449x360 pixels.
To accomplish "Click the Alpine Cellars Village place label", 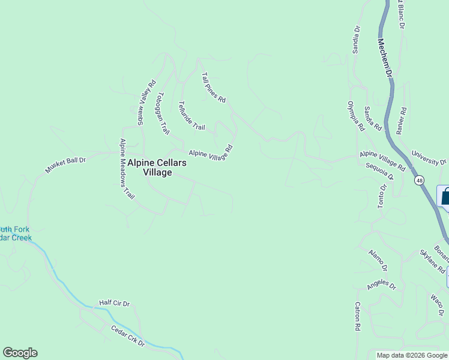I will click(165, 167).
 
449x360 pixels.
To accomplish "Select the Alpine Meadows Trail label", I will click(126, 169).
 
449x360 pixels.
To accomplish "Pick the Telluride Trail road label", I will click(192, 116).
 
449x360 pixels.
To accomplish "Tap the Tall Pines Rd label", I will click(213, 88).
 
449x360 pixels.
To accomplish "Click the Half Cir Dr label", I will click(115, 304).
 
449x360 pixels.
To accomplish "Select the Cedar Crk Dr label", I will click(128, 336).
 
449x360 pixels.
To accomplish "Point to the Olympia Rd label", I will click(355, 116).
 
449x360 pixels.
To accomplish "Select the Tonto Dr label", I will click(381, 196).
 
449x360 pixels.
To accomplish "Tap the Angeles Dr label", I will click(382, 284).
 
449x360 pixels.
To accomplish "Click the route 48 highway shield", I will click(418, 180).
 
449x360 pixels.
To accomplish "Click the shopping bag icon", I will click(445, 196).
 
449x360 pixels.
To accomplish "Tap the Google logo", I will click(20, 353).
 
